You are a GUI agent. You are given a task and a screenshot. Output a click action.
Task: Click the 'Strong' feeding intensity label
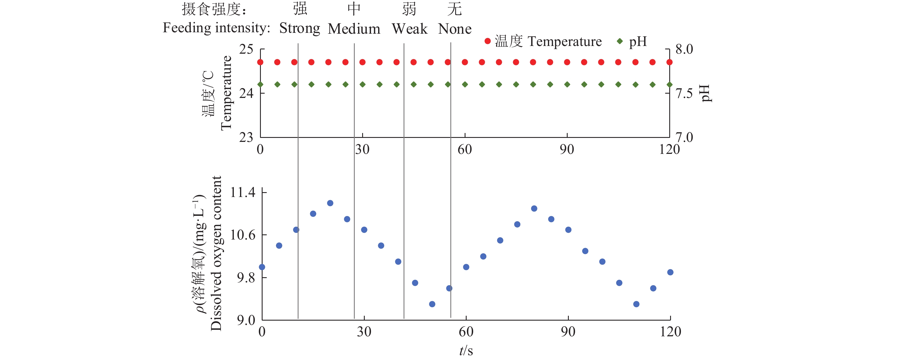[299, 28]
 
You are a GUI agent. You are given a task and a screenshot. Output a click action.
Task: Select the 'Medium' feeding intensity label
[354, 29]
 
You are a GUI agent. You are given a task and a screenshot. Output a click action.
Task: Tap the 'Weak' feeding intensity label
[409, 29]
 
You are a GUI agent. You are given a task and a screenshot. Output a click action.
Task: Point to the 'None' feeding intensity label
[454, 29]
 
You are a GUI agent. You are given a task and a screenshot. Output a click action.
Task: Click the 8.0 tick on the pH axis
[684, 49]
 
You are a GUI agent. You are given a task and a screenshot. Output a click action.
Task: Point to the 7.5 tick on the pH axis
[684, 93]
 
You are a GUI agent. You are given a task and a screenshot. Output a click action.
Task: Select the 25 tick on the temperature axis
[246, 49]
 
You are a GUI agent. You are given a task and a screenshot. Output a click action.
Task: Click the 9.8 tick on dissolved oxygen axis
[246, 277]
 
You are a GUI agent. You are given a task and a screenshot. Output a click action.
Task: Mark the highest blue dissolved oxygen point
[330, 203]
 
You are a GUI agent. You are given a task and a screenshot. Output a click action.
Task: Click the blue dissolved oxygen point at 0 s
[262, 267]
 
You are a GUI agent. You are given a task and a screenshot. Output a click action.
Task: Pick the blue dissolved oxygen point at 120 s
[670, 272]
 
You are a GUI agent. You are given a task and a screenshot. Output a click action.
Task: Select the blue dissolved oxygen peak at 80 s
[534, 208]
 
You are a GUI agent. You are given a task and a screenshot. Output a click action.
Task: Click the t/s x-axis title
[466, 351]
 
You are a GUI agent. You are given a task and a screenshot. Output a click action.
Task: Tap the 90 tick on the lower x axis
[568, 331]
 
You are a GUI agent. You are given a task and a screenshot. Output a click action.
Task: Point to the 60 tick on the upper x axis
[465, 149]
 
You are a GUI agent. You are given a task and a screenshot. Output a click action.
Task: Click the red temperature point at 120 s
[669, 62]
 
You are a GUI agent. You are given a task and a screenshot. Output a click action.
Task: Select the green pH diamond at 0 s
[260, 85]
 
